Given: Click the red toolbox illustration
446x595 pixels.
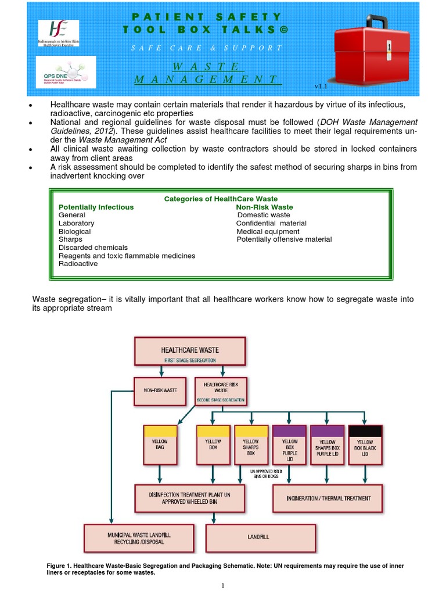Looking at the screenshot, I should (x=374, y=48).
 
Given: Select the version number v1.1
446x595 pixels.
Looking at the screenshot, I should (x=322, y=86).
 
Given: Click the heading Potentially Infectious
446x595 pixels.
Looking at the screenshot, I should (x=96, y=207).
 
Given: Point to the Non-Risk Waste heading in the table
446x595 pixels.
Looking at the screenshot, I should (x=264, y=207).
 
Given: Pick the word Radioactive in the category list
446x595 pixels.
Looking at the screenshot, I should (x=78, y=264).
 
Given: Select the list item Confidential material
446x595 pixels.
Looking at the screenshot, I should (x=271, y=223).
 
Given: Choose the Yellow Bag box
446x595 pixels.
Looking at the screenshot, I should (x=160, y=445).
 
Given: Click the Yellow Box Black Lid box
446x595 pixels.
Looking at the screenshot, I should (x=365, y=445).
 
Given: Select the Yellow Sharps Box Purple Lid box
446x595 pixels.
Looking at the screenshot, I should (x=327, y=445).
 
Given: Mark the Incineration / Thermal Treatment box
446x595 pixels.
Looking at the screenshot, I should (x=328, y=498).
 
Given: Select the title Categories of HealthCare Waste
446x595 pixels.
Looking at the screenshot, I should (x=221, y=199).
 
